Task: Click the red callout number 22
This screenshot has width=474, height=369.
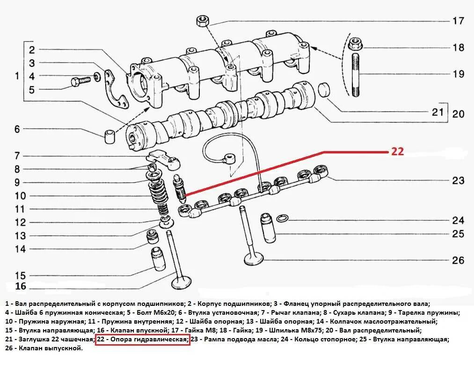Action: point(397,151)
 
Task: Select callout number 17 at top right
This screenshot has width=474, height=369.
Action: point(458,21)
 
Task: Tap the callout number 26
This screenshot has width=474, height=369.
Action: point(458,260)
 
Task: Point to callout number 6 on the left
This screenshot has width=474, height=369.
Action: point(17,129)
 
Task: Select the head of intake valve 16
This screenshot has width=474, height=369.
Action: point(181,282)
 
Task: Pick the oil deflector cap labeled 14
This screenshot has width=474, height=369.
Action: point(153,237)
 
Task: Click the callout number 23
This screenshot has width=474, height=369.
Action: point(458,181)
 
